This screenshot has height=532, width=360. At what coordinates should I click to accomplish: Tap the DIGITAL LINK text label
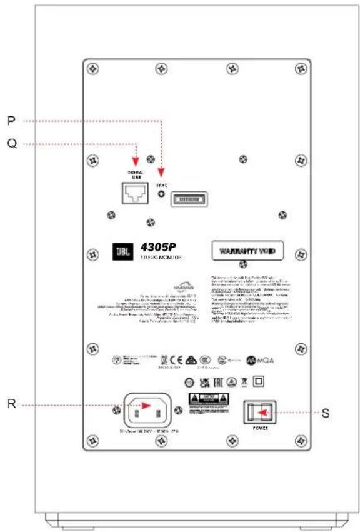(136, 174)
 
